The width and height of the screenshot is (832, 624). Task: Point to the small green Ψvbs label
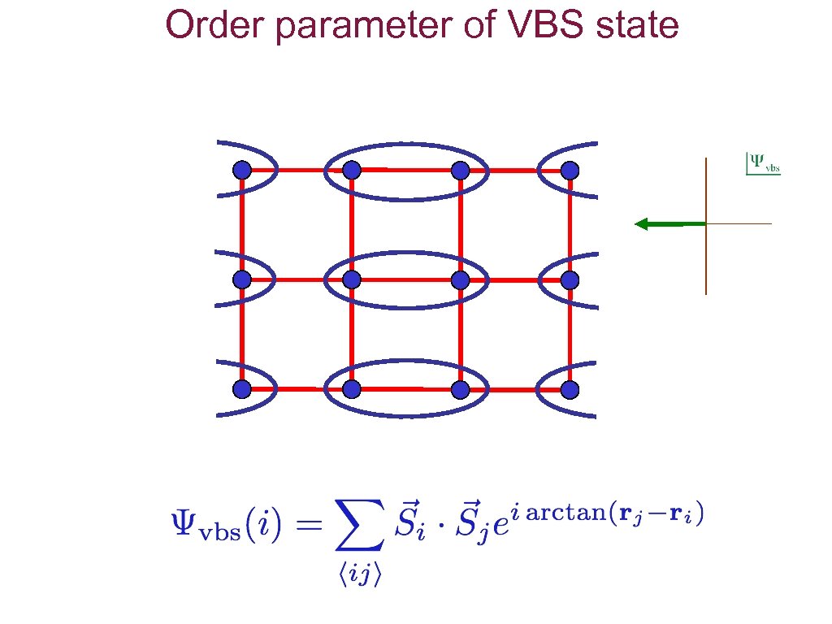tap(763, 163)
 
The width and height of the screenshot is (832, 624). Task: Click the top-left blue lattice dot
tap(241, 171)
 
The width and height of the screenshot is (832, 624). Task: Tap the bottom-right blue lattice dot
tap(570, 390)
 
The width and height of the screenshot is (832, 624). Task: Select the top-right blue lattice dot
tap(570, 171)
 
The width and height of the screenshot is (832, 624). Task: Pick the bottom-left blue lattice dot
tap(241, 390)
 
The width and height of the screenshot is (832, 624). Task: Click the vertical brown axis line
tap(706, 260)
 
